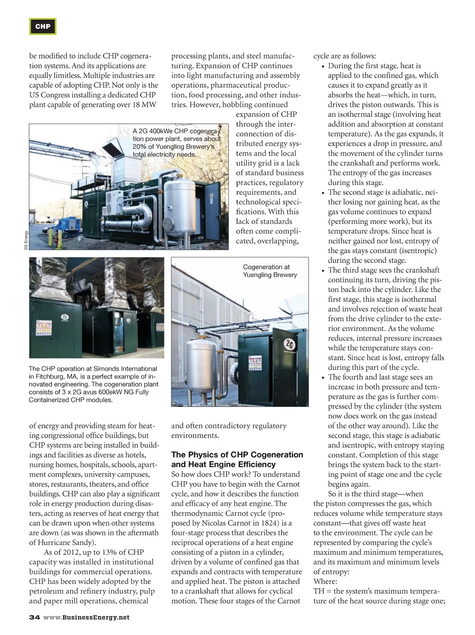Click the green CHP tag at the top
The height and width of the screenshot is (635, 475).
(43, 26)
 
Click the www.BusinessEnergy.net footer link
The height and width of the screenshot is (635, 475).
(86, 617)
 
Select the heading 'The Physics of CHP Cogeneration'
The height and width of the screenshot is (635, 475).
(237, 455)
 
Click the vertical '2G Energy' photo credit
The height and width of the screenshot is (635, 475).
(26, 240)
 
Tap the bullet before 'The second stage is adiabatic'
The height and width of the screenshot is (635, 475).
(323, 193)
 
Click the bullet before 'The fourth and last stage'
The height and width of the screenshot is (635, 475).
(323, 378)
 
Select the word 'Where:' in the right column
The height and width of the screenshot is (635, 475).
(325, 581)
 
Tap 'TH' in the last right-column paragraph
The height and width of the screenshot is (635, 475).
(319, 591)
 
